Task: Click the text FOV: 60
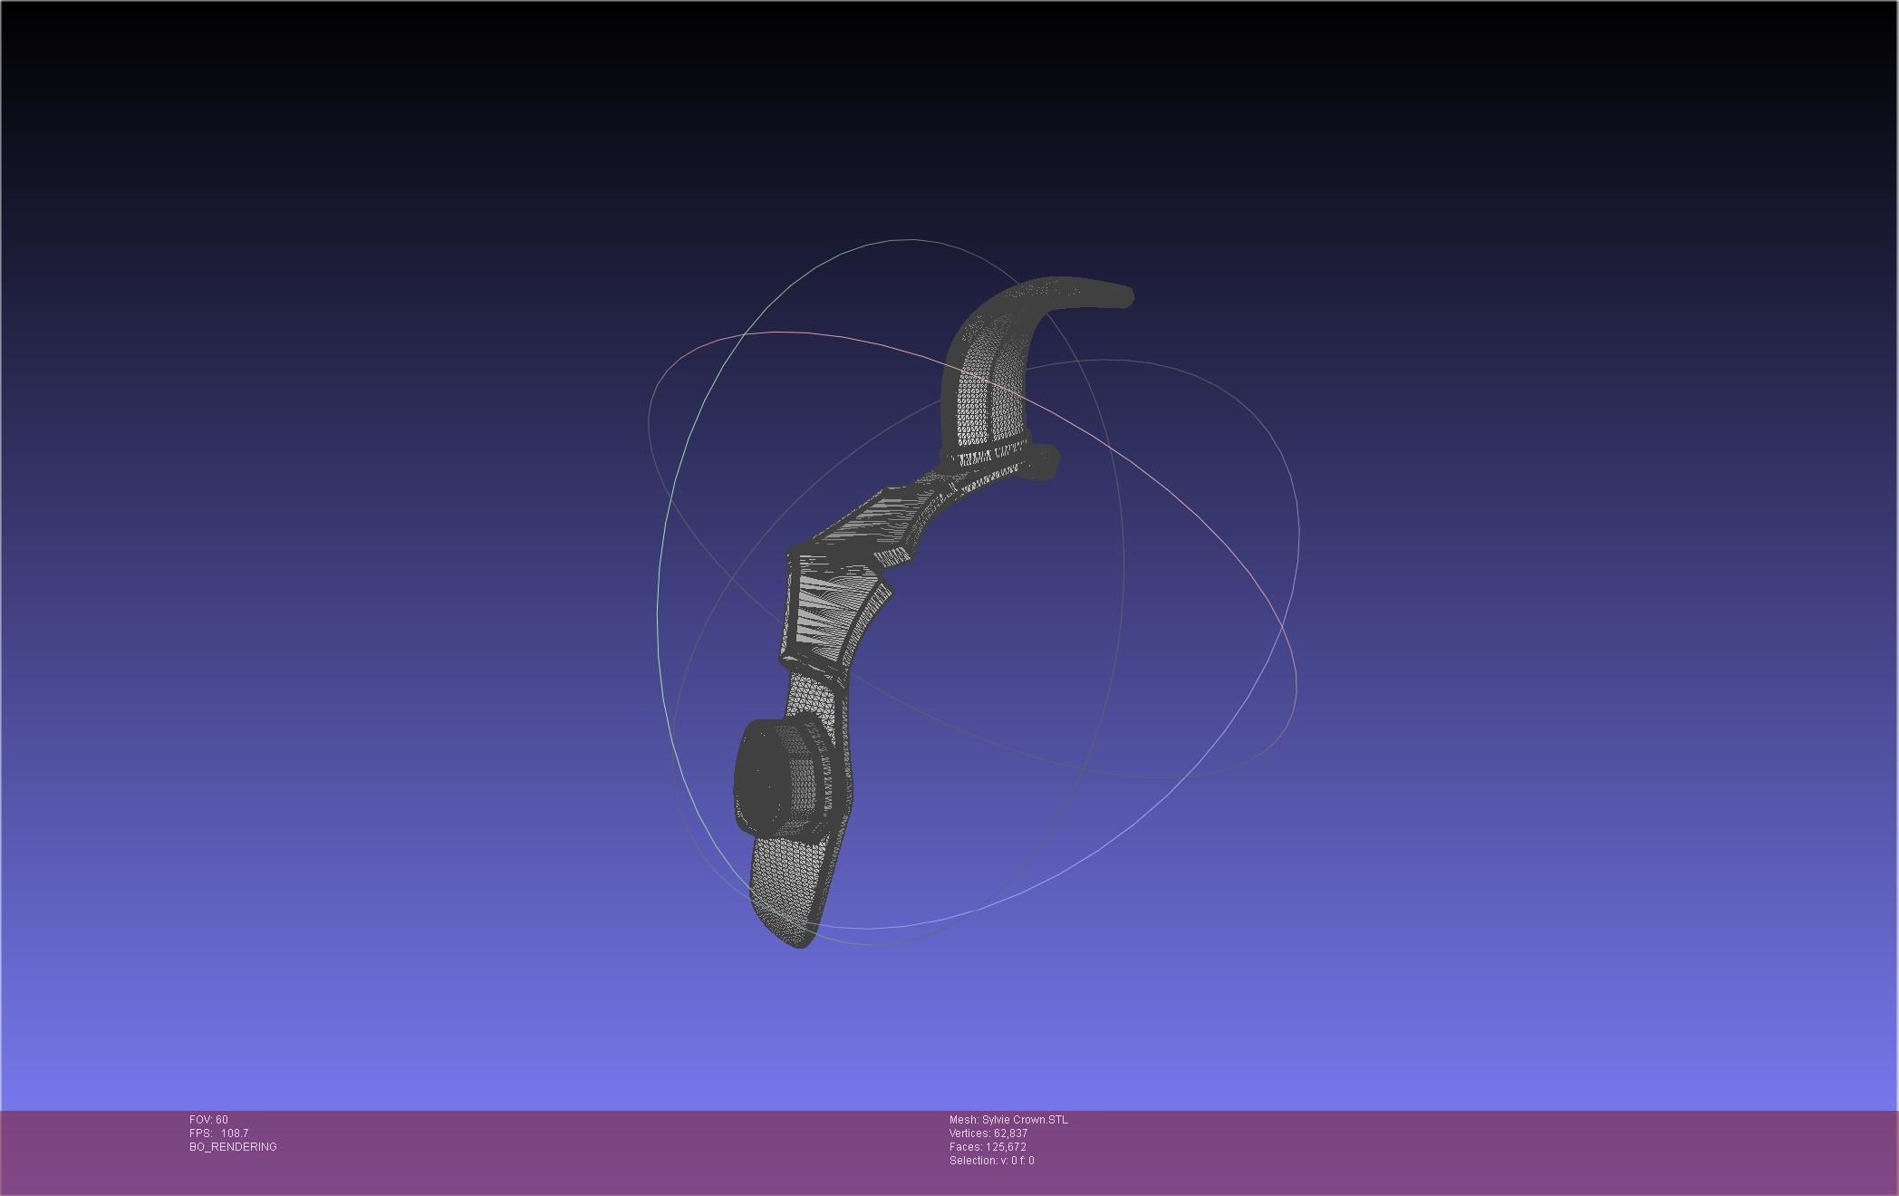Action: pyautogui.click(x=208, y=1120)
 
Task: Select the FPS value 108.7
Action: pyautogui.click(x=234, y=1133)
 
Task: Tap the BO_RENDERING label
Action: pyautogui.click(x=233, y=1147)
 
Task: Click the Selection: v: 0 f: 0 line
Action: pyautogui.click(x=991, y=1161)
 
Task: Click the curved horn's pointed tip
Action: pyautogui.click(x=1127, y=296)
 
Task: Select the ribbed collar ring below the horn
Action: pyautogui.click(x=985, y=450)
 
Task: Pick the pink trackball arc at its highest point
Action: pyautogui.click(x=779, y=333)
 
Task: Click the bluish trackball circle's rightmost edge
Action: pyautogui.click(x=1298, y=535)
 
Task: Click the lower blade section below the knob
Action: pyautogui.click(x=793, y=883)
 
